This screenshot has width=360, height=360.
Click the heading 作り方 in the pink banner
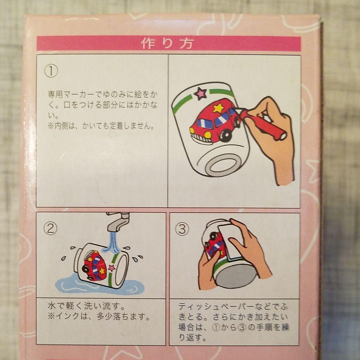click(x=167, y=43)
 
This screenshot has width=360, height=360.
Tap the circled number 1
click(x=51, y=71)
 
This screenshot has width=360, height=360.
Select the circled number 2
click(x=50, y=229)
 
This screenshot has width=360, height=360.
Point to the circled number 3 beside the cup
click(x=182, y=229)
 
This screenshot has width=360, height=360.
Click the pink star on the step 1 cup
click(x=201, y=93)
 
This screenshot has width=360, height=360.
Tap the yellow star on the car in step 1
click(x=218, y=108)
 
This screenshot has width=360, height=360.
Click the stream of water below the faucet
click(x=113, y=243)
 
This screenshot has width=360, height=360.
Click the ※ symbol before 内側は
click(x=51, y=126)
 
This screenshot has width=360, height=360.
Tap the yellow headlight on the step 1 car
click(x=208, y=135)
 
